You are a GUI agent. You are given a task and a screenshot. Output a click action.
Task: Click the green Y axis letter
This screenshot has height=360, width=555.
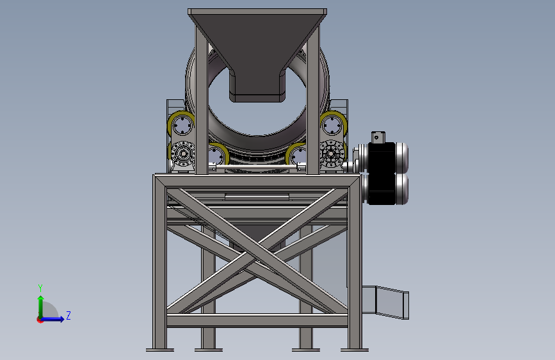[40, 288]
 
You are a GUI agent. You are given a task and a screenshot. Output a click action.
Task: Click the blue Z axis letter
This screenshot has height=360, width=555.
[68, 315]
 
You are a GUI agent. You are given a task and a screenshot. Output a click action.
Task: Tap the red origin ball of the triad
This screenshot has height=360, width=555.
[40, 320]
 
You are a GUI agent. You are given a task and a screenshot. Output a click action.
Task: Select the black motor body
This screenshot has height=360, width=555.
[382, 174]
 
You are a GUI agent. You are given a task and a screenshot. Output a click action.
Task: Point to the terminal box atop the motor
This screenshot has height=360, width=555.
[378, 137]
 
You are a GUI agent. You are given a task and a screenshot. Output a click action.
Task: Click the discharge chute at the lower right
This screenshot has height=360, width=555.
[385, 302]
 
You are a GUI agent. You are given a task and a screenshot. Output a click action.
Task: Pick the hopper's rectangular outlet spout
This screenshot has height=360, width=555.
[257, 86]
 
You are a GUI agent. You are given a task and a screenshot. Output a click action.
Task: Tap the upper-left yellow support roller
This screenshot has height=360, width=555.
[181, 124]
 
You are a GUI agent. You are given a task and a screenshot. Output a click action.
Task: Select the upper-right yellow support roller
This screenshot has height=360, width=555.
[334, 124]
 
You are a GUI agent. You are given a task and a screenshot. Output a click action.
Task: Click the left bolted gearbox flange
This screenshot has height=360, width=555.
[182, 154]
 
